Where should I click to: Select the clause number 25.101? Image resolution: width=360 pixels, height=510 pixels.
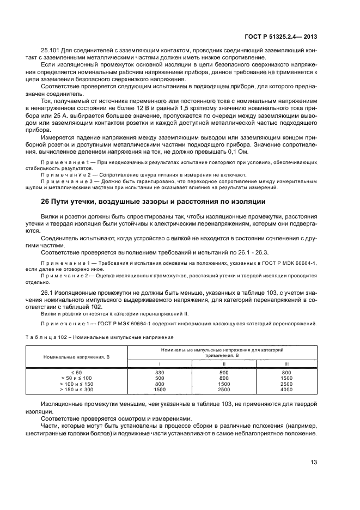click(52, 52)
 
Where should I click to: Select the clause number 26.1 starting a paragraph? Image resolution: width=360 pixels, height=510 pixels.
click(50, 293)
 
